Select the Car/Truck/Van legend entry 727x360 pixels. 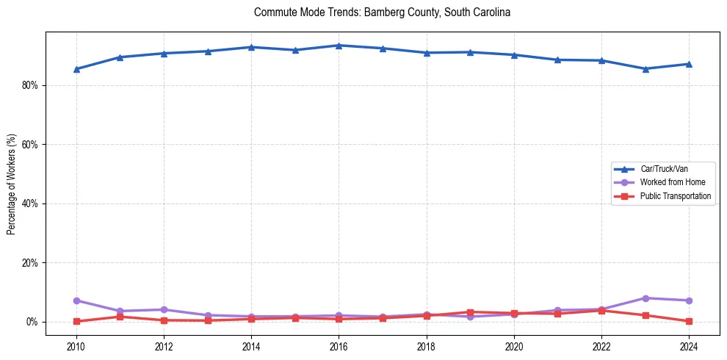coord(664,169)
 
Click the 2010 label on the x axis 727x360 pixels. coord(76,346)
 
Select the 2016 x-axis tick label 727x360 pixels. coord(339,346)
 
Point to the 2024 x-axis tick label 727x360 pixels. coord(689,346)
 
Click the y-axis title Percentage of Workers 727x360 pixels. coord(12,184)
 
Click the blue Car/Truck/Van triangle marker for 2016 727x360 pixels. coord(339,46)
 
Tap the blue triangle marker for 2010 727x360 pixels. coord(76,69)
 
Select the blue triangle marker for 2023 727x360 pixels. coord(645,69)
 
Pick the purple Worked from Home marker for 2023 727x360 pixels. coord(645,298)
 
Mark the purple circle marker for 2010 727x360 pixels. coord(76,300)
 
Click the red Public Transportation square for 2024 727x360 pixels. coord(689,321)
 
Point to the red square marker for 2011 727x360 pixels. coord(120,317)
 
